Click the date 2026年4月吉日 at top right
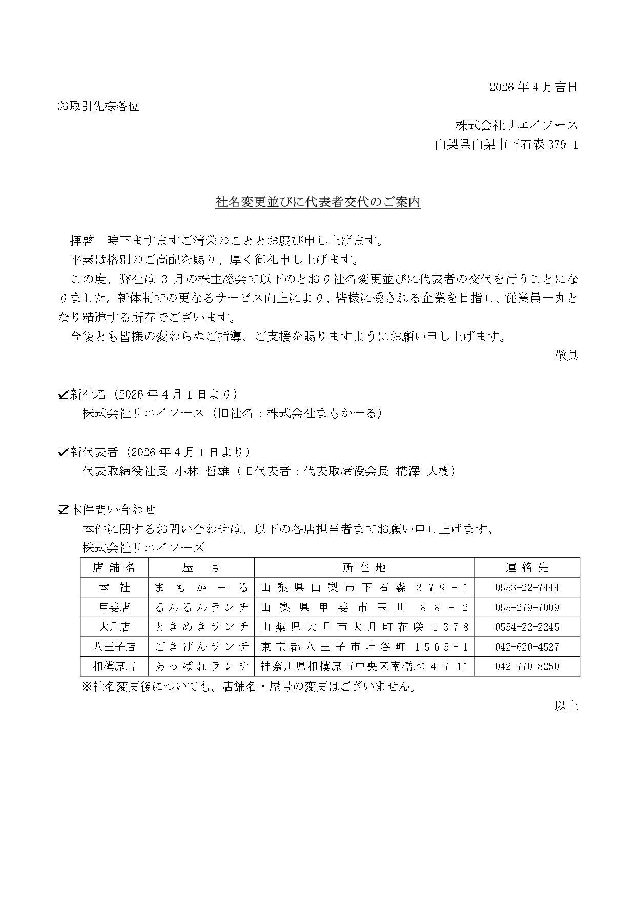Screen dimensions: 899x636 (x=533, y=87)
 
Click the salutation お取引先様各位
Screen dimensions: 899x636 (x=98, y=107)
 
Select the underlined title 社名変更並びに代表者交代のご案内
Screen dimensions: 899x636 (x=318, y=203)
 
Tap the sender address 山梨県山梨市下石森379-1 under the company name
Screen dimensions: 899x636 (x=506, y=145)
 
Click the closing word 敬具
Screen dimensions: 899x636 (x=566, y=356)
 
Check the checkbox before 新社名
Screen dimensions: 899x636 (x=64, y=394)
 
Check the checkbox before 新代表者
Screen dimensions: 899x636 (x=64, y=452)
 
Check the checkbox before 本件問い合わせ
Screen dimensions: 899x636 (x=64, y=510)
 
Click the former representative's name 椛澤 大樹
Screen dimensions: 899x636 (x=425, y=471)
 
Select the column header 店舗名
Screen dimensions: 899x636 (x=114, y=568)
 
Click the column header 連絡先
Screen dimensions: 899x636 (x=527, y=568)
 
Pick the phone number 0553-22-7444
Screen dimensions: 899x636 (x=527, y=588)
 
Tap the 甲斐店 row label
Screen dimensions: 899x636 (x=114, y=608)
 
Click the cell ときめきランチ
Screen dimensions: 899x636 (x=201, y=627)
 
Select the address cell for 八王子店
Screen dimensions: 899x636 (x=364, y=647)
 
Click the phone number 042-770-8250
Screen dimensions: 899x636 (x=527, y=666)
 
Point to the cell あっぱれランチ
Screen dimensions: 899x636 (x=201, y=666)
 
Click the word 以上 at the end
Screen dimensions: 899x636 (x=566, y=706)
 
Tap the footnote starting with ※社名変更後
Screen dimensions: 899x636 (x=248, y=687)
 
